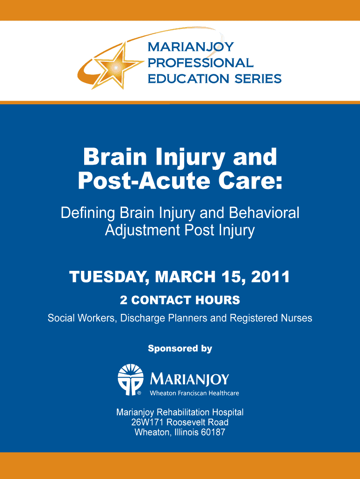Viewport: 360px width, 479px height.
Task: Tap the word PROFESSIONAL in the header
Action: (200, 63)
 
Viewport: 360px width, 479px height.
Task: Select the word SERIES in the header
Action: (258, 79)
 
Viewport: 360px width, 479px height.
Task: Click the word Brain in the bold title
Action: (115, 157)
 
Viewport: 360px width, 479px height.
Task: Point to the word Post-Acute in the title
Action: (144, 181)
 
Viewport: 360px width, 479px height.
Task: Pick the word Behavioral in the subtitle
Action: (264, 213)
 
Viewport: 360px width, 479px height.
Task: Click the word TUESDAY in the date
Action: (108, 277)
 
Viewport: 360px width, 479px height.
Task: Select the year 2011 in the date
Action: (270, 277)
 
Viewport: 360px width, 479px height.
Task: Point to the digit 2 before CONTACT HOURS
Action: (123, 300)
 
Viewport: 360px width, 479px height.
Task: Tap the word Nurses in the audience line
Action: (296, 318)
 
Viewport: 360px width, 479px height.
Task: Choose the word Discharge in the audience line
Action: (143, 318)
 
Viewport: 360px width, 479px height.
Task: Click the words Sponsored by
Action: (180, 348)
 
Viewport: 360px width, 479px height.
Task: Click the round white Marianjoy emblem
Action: (131, 379)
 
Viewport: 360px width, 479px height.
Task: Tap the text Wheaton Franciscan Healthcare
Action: (194, 393)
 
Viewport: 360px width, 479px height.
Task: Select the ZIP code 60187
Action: (213, 432)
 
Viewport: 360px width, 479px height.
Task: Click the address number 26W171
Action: (148, 422)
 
